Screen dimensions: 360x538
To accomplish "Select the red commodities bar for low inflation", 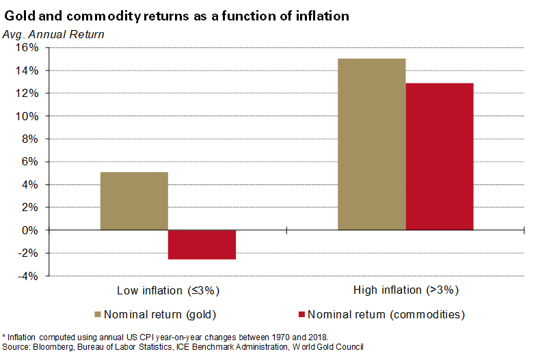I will click(x=202, y=245).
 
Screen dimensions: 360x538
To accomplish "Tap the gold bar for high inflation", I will click(x=372, y=144).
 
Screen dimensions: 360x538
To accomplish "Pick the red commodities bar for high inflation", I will click(x=440, y=156).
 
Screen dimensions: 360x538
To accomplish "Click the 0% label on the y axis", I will click(x=30, y=230).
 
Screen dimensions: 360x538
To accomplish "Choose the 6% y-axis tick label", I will click(x=30, y=162).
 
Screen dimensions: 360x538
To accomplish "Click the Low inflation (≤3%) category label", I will click(x=168, y=290).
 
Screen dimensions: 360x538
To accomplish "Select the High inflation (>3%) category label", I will click(x=405, y=290).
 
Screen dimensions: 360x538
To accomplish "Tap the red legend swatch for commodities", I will click(x=300, y=315).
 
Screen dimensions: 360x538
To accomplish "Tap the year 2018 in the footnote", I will click(x=318, y=337).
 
